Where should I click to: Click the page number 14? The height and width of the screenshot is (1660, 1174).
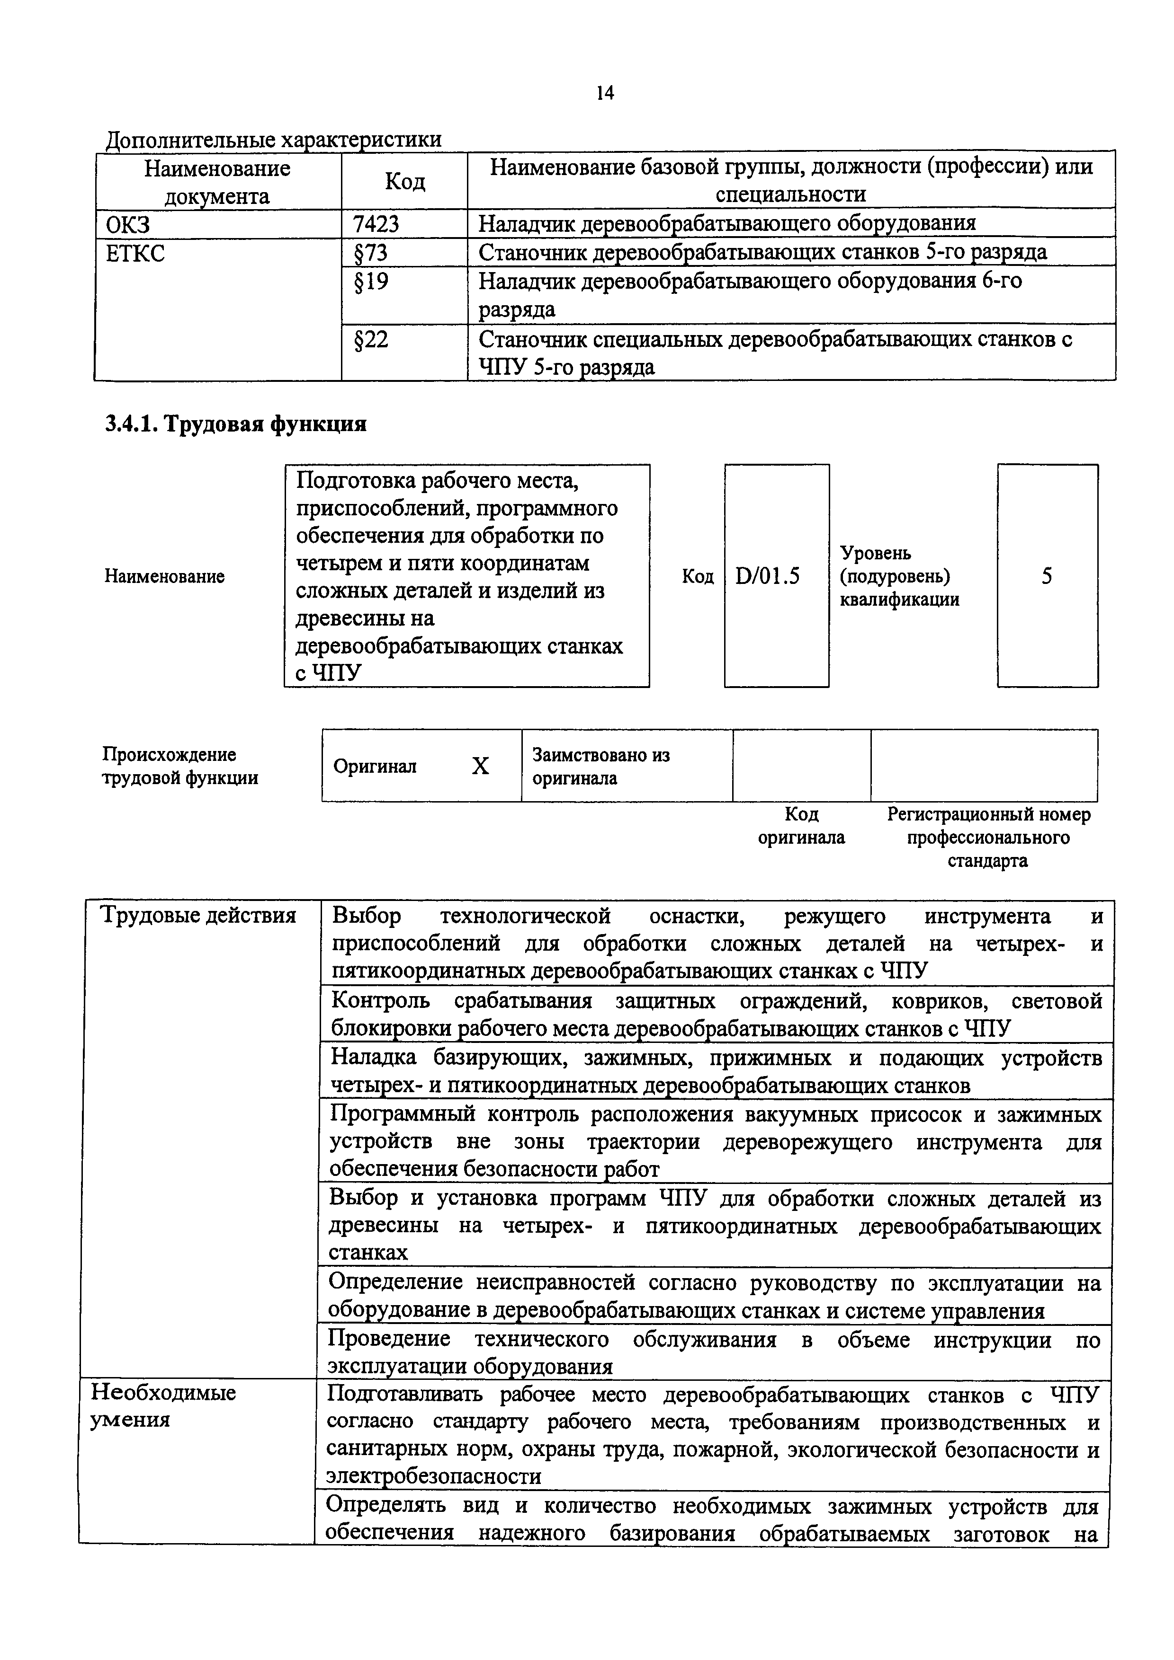605,93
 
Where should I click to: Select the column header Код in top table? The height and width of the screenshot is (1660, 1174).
404,181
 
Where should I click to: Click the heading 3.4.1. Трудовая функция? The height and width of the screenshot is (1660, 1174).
236,424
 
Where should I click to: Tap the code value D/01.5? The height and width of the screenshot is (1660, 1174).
768,576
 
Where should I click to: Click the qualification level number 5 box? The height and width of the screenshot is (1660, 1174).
1047,576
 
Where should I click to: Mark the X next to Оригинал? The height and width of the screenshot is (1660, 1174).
480,766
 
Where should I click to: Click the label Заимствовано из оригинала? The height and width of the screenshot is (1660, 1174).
600,766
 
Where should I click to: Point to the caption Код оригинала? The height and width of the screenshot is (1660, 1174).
801,826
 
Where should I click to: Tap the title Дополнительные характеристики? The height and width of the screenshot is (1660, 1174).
273,139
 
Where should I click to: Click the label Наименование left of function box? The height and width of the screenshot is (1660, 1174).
164,576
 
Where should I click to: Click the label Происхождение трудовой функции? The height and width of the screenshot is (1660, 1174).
179,766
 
